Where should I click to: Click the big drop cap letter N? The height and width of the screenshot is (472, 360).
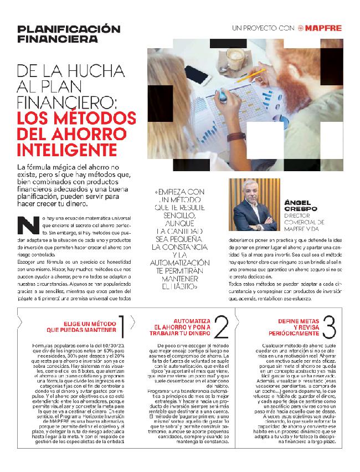coord(25,225)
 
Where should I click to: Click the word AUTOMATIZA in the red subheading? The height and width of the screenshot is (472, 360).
coord(192,321)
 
